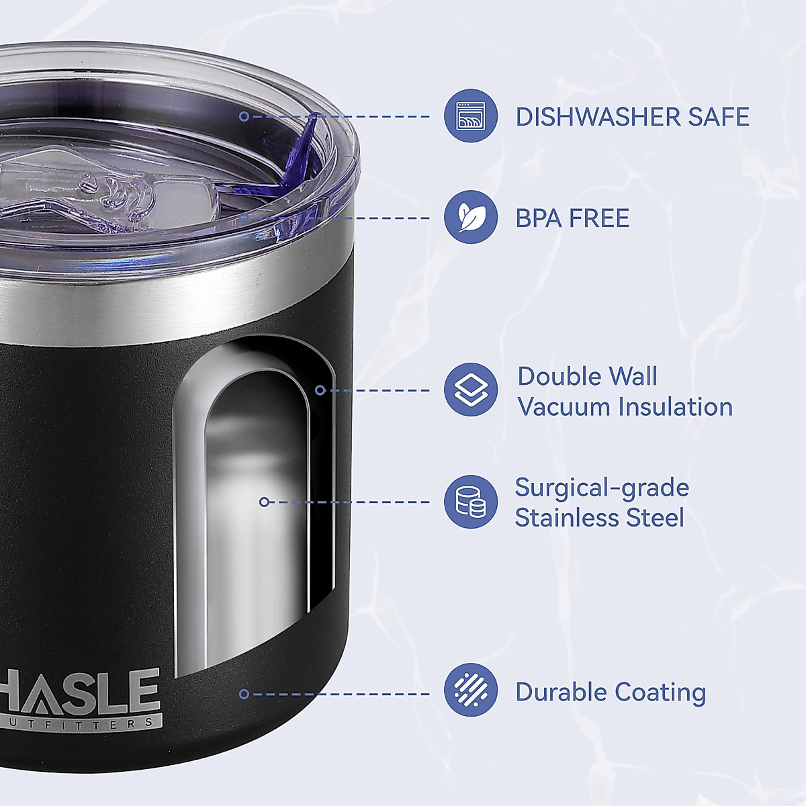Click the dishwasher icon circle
tap(470, 116)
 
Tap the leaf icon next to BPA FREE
tap(470, 217)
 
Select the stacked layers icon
tap(470, 390)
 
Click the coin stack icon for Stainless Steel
tap(470, 502)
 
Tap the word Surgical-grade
tap(602, 488)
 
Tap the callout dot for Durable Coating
tap(244, 694)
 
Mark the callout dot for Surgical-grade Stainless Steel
tap(264, 502)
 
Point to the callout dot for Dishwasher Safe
tap(244, 116)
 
